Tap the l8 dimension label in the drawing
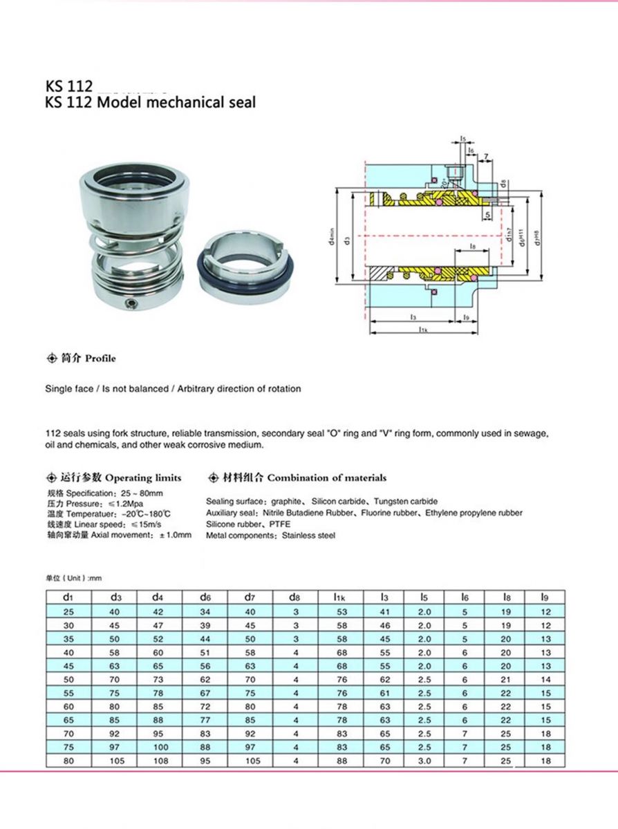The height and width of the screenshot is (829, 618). click(472, 245)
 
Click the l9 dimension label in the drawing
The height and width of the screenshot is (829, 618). click(466, 317)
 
